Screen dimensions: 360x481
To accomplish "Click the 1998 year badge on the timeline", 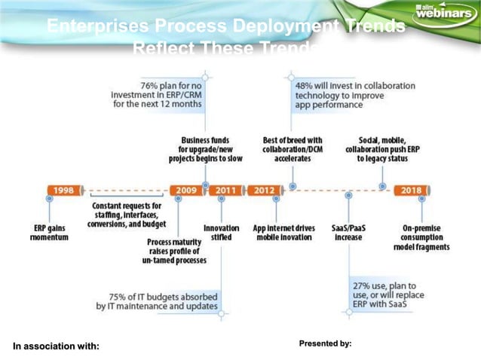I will pos(63,190).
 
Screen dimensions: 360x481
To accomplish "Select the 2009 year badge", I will pos(186,190).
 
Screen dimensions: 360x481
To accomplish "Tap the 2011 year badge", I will pos(225,190).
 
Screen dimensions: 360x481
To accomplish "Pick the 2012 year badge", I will pos(264,190).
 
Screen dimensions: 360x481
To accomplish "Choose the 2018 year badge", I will pos(412,190).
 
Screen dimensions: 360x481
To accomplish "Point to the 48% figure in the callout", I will pos(306,85).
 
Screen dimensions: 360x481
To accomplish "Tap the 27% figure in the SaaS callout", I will pos(363,286).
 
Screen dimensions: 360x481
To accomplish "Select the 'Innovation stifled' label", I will pos(222,232).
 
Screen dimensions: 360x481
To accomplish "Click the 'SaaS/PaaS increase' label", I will pos(348,232).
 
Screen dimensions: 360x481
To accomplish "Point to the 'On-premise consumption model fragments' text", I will pos(421,237).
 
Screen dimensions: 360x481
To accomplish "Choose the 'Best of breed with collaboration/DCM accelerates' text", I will pos(293,149).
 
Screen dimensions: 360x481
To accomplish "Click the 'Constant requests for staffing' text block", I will pos(126,215).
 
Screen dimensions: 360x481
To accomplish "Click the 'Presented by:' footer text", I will pos(325,343).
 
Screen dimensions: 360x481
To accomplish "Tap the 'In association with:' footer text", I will pos(56,346).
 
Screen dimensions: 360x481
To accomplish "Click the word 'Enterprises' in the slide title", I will pos(97,27).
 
